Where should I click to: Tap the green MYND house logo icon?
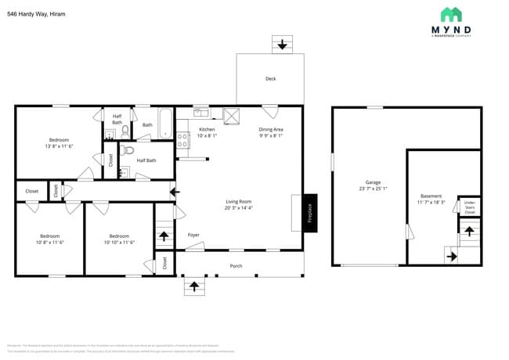pyautogui.click(x=450, y=14)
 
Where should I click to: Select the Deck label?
pyautogui.click(x=270, y=78)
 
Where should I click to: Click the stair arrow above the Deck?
pyautogui.click(x=282, y=45)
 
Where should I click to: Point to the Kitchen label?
pyautogui.click(x=207, y=129)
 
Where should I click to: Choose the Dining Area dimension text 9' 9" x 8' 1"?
pyautogui.click(x=270, y=135)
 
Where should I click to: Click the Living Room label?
pyautogui.click(x=238, y=201)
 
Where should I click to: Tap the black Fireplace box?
pyautogui.click(x=309, y=212)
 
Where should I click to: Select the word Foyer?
pyautogui.click(x=193, y=235)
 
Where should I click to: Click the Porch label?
pyautogui.click(x=236, y=265)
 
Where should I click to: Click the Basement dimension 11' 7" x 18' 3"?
pyautogui.click(x=431, y=202)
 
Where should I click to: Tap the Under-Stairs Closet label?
pyautogui.click(x=470, y=207)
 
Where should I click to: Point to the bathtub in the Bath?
pyautogui.click(x=165, y=124)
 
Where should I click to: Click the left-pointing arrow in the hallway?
pyautogui.click(x=174, y=190)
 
